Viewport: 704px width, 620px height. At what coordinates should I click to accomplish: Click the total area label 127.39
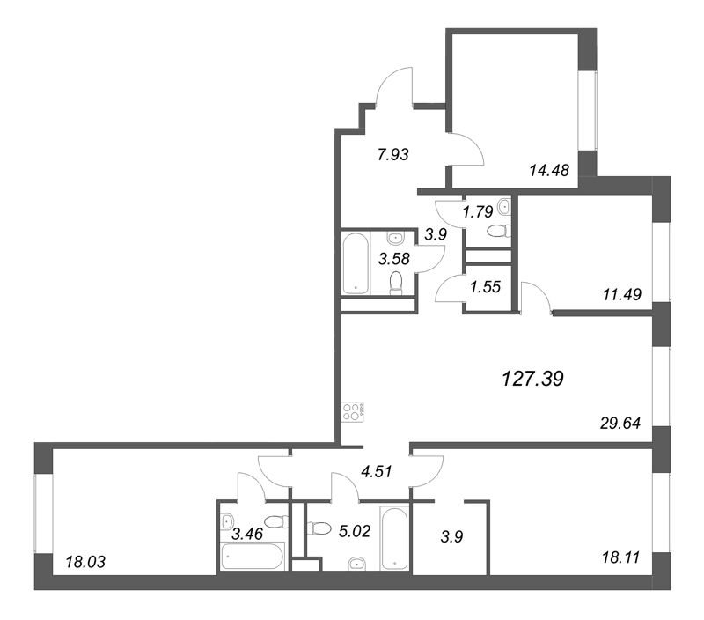point(532,379)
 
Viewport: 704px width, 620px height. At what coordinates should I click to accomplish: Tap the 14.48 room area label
point(549,170)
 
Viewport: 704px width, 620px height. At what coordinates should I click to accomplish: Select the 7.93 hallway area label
point(393,154)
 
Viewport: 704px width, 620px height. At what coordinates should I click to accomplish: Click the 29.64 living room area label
point(620,424)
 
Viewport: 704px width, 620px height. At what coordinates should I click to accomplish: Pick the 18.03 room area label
point(85,562)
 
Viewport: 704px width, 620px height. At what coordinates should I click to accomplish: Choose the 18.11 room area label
point(620,557)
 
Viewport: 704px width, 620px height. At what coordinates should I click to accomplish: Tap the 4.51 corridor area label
point(377,471)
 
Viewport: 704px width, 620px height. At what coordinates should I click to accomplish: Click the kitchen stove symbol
point(353,411)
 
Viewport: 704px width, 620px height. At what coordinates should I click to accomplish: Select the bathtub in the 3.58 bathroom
point(356,263)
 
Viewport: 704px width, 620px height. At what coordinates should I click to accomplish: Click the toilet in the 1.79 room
point(499,231)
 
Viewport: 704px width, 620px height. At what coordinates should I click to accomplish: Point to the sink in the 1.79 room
point(504,207)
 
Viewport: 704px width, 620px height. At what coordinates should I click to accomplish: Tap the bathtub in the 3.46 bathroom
point(253,556)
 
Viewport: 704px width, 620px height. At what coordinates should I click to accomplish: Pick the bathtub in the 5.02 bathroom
point(394,537)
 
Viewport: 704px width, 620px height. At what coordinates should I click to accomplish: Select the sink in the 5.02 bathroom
point(357,563)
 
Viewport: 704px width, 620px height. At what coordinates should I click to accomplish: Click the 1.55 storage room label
point(486,286)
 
